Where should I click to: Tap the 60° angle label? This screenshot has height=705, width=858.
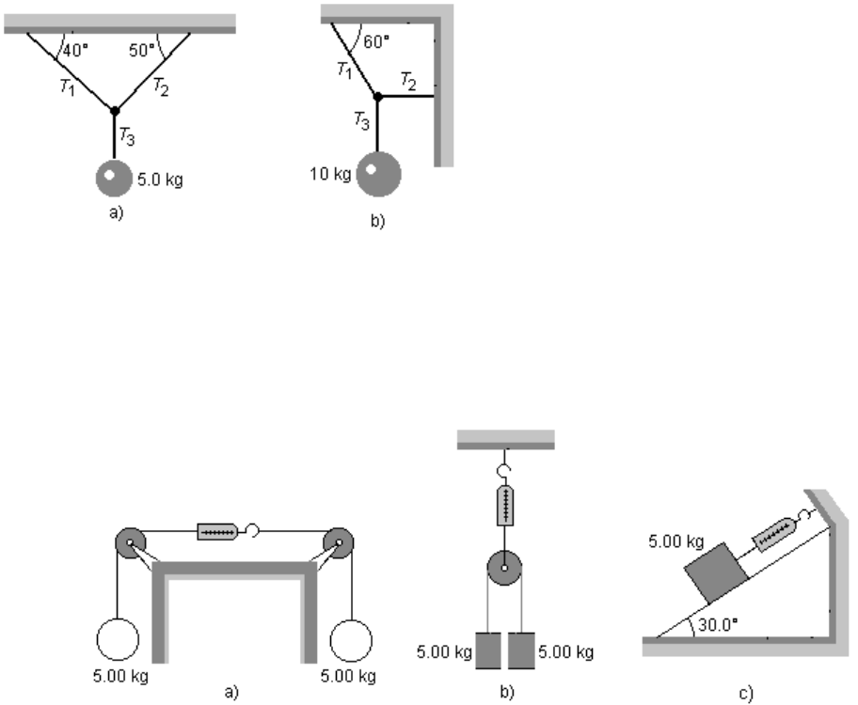coord(377,42)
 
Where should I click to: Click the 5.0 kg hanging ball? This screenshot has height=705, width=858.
coord(115,178)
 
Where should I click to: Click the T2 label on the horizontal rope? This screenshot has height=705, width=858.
coord(408,81)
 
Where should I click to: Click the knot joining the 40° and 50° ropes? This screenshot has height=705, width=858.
coord(115,111)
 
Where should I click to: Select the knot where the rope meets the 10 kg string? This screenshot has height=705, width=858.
coord(378,96)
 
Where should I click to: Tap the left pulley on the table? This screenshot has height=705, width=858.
coord(129,543)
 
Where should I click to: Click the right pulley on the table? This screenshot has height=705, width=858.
coord(338,543)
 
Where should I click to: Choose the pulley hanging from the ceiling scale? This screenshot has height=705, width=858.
coord(505,569)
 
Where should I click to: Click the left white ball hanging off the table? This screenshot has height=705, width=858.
coord(117,641)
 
